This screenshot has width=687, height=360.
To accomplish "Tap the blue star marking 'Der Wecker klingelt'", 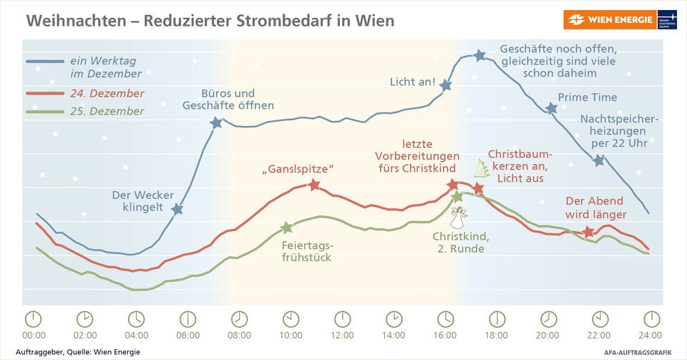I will coord(177,209).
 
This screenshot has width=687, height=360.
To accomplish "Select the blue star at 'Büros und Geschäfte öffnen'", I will coord(216,122).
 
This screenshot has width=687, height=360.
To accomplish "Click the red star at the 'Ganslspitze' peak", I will coord(313,185).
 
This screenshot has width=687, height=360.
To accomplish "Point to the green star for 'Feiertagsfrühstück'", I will coord(286,228).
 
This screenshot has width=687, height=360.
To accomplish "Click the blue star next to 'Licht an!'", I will coord(445,85).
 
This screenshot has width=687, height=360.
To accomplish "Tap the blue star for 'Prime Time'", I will coord(551,108).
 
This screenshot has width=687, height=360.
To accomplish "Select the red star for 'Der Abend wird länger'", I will coord(588,232).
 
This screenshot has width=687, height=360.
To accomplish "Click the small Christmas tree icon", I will coord(482,168).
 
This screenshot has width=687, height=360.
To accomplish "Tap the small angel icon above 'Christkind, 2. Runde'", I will coord(462,215).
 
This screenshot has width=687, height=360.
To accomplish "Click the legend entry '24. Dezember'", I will coord(107,94).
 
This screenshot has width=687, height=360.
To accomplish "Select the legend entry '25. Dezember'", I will coord(107,112).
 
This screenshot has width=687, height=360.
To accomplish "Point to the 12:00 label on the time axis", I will coord(343,335).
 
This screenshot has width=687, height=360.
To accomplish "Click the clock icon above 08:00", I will coord(239,318).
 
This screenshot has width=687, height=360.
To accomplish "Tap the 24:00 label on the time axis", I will coord(651,335).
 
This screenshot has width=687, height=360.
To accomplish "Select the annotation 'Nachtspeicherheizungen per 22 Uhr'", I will coord(618,132).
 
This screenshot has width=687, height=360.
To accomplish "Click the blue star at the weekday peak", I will coord(479,55).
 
